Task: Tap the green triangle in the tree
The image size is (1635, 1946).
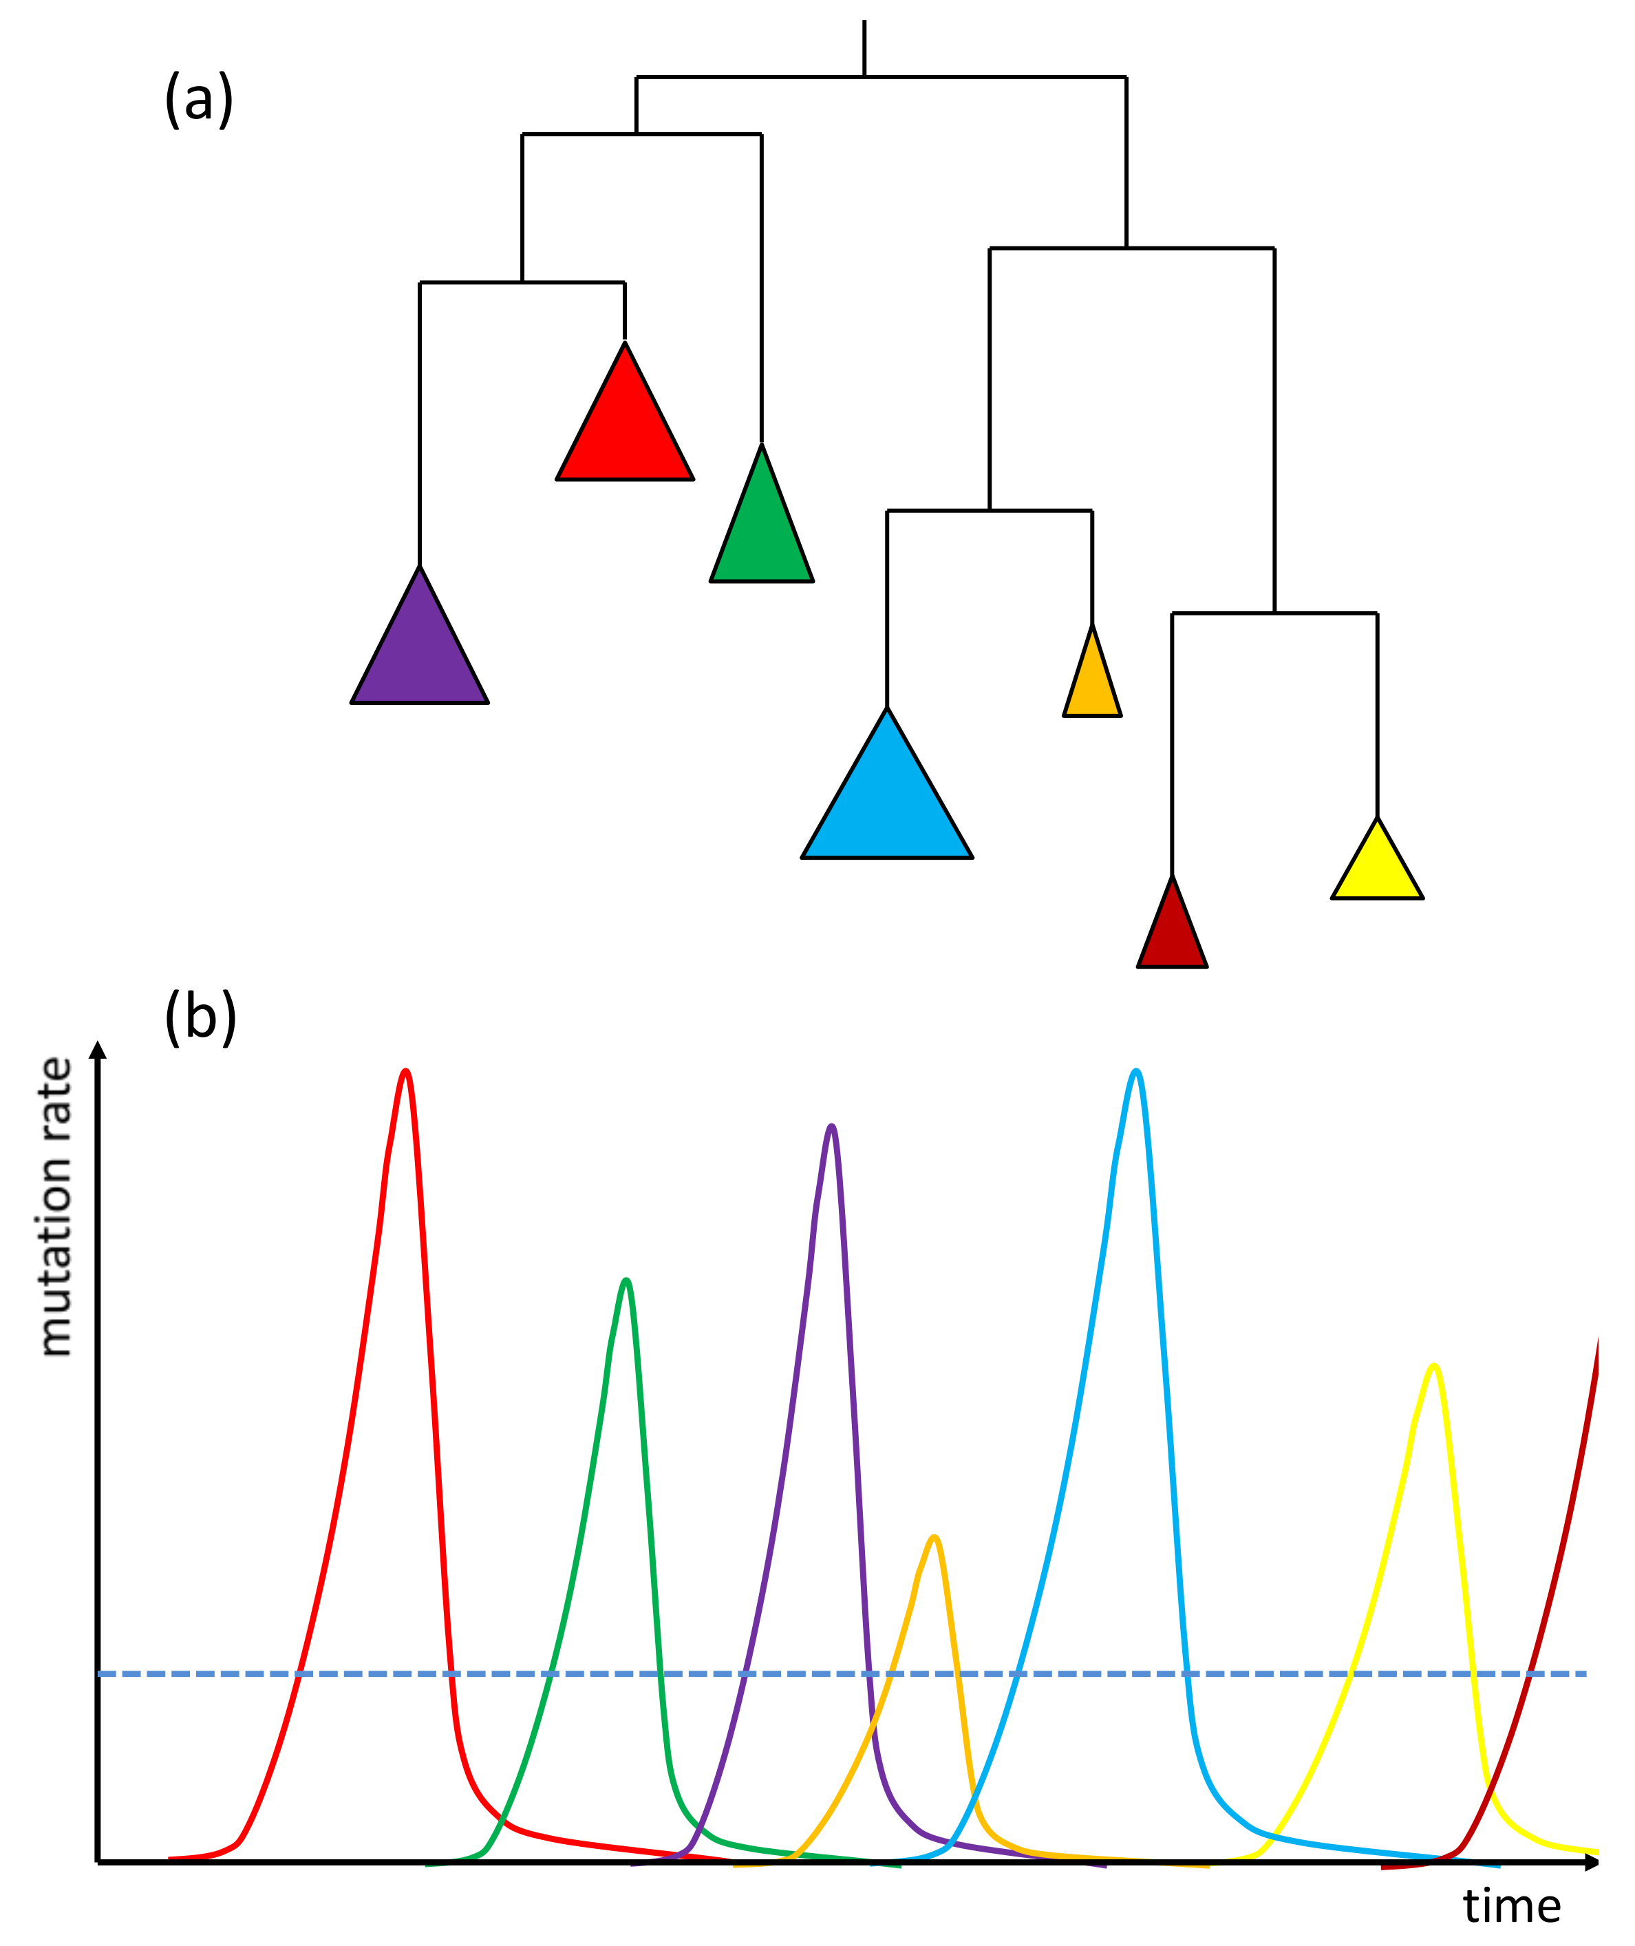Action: click(x=761, y=533)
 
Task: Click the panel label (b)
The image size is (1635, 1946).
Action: click(x=200, y=1017)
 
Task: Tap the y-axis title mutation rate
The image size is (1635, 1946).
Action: click(x=56, y=1206)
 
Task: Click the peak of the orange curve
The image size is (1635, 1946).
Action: click(x=934, y=1538)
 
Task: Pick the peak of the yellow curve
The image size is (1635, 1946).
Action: click(x=1434, y=1366)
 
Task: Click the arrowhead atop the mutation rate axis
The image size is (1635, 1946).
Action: click(x=97, y=1050)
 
